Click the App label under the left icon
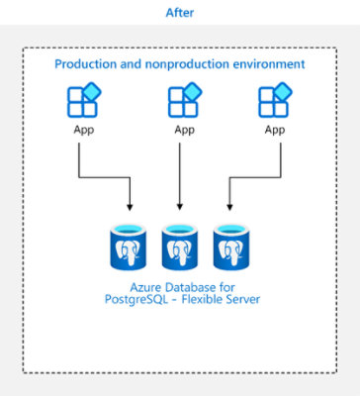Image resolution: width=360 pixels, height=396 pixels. point(83,129)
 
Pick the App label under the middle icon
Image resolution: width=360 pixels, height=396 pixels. point(184,129)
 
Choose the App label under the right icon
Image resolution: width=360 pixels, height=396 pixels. point(274,129)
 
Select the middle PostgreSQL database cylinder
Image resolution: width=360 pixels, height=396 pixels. point(180,247)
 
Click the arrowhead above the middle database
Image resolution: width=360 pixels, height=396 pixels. point(180,208)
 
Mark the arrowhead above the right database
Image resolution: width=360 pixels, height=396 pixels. point(229,208)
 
